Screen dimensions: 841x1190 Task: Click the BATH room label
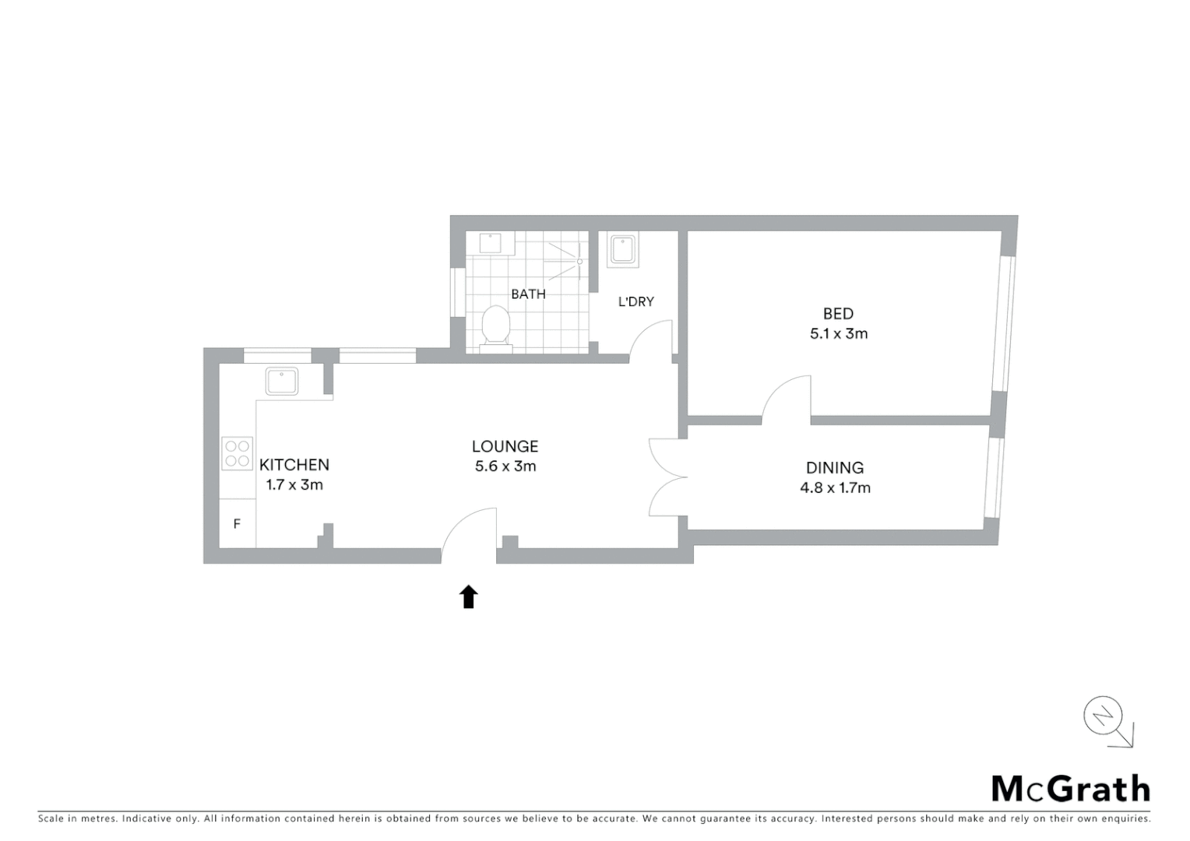tap(528, 294)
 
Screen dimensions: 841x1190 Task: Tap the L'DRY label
tap(635, 301)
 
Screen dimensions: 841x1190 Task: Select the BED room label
tap(838, 314)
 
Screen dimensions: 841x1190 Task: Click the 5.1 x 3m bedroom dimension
tap(838, 333)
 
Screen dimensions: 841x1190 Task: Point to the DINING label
tap(834, 468)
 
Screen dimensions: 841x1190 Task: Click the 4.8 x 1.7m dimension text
tap(835, 487)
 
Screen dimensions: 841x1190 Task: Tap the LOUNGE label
tap(505, 446)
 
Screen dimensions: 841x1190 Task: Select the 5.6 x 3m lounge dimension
tap(505, 466)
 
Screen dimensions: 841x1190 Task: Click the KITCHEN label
tap(294, 465)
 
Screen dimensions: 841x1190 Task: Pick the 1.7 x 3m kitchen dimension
tap(294, 484)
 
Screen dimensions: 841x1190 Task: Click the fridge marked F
tap(237, 524)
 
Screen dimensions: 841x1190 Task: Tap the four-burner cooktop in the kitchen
tap(237, 453)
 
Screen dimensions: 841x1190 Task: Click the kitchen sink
tap(281, 382)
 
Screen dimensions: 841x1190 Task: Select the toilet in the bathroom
tap(495, 326)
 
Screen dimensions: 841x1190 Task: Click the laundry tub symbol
tap(622, 250)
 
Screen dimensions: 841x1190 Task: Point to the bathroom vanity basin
tap(491, 243)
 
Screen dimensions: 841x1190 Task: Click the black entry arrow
tap(468, 596)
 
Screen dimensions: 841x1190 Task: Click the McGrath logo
tap(1070, 789)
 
